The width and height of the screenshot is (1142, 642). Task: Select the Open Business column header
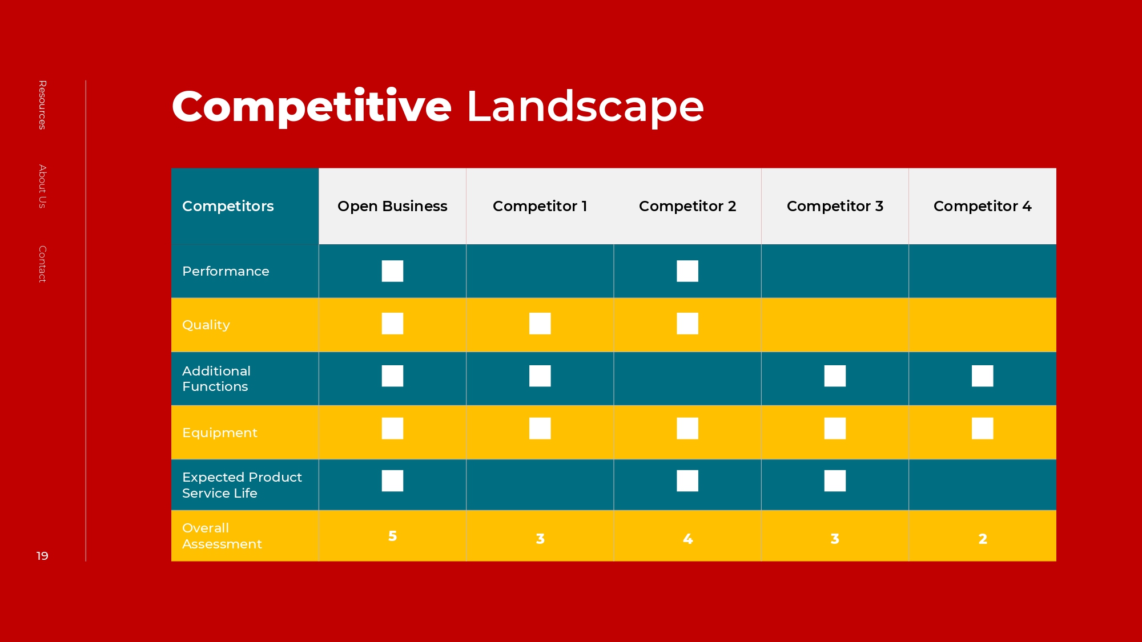pyautogui.click(x=392, y=206)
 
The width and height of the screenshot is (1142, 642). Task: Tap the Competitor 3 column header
pyautogui.click(x=835, y=206)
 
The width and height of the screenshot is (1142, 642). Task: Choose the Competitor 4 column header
pyautogui.click(x=982, y=206)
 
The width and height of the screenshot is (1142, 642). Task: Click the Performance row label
pyautogui.click(x=226, y=271)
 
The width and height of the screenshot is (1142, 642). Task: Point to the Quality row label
pyautogui.click(x=206, y=325)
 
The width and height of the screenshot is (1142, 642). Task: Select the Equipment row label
pyautogui.click(x=220, y=433)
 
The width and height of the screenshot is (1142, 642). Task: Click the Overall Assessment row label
pyautogui.click(x=222, y=536)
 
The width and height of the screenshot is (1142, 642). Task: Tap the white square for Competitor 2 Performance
pyautogui.click(x=687, y=271)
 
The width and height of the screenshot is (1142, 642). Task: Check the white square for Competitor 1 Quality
pyautogui.click(x=540, y=324)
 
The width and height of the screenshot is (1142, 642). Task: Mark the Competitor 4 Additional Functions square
pyautogui.click(x=983, y=376)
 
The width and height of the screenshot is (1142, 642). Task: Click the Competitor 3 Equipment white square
pyautogui.click(x=835, y=429)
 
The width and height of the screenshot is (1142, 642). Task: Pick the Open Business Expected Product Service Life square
pyautogui.click(x=392, y=481)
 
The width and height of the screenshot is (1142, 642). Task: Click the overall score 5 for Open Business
pyautogui.click(x=392, y=536)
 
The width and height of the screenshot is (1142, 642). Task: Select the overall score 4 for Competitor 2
pyautogui.click(x=687, y=539)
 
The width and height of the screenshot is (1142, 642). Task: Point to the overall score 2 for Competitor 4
pyautogui.click(x=983, y=539)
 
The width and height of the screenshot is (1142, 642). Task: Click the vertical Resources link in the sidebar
pyautogui.click(x=42, y=105)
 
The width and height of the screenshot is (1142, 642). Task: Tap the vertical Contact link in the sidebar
pyautogui.click(x=42, y=264)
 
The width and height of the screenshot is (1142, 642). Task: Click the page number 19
pyautogui.click(x=42, y=556)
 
